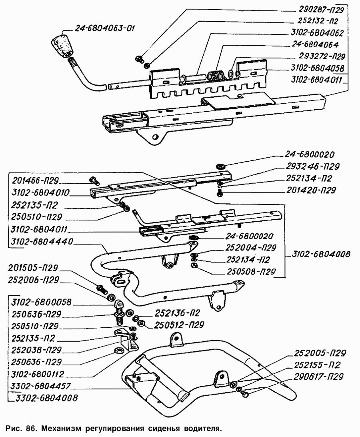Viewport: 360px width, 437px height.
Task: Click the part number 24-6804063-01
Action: coord(105,28)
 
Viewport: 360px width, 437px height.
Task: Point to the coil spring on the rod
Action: coord(217,75)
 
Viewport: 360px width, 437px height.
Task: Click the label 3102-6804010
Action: coord(40,193)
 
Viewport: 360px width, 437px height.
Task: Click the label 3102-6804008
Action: coord(322,254)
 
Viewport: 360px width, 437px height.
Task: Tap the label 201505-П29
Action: coord(34,268)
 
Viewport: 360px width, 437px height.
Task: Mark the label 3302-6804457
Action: coord(40,387)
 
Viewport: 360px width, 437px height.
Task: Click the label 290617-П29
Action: coord(319,377)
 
